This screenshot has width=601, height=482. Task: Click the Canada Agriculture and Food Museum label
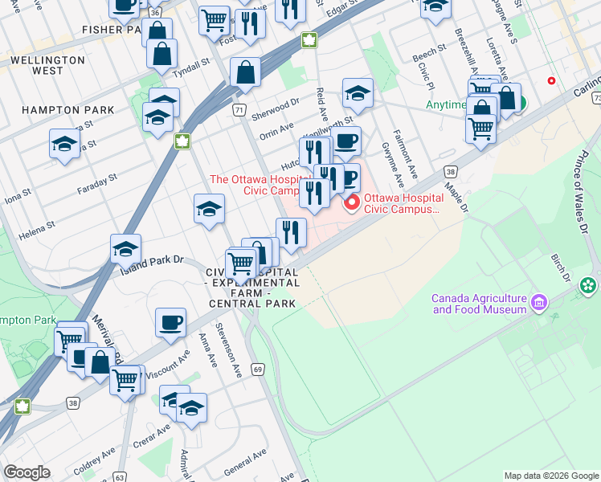(x=479, y=304)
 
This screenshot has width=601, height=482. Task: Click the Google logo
(x=27, y=472)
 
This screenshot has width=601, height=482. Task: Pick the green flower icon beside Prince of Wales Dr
(x=588, y=284)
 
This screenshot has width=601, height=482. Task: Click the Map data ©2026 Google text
(x=551, y=476)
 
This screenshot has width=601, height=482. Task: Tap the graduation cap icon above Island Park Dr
(x=126, y=250)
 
